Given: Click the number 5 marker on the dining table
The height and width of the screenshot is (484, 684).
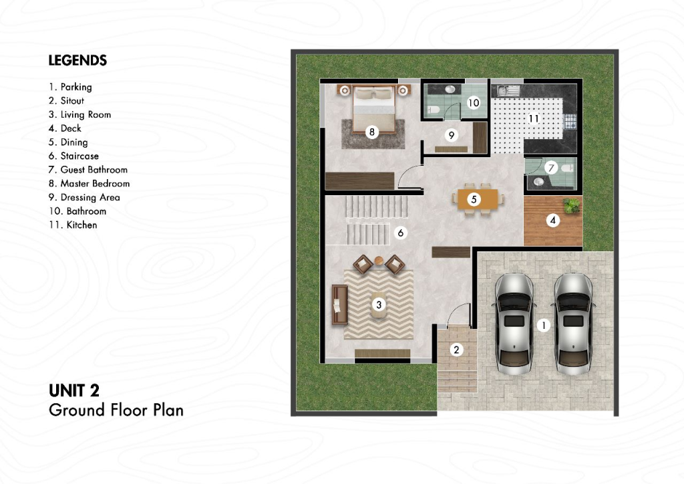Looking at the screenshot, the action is coord(474,199).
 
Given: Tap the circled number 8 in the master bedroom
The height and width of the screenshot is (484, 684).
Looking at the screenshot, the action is coord(371,132).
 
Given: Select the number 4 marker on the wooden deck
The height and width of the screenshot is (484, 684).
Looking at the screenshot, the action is coord(552,221).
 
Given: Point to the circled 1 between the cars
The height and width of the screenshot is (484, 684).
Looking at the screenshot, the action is coord(544,325).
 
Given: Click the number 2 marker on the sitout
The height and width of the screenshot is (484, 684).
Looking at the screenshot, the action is coord(456,350).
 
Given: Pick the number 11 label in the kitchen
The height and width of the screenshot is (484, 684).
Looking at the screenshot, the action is coord(534,118).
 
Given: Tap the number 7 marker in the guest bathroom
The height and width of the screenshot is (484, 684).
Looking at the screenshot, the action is coord(551,168).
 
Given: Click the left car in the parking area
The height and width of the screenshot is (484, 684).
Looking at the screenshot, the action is coord(514,324).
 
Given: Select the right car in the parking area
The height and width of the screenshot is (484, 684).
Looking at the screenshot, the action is coord(573,324).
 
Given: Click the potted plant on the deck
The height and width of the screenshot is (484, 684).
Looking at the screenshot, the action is coord(572,205).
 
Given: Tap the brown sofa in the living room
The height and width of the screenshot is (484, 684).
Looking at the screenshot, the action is coord(340,305).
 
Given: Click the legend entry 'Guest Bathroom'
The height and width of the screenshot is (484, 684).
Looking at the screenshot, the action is coord(88,169).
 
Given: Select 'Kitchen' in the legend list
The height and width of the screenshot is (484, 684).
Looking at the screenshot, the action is coord(73,225).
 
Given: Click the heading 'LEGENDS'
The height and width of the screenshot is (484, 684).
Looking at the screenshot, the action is coord(77,60).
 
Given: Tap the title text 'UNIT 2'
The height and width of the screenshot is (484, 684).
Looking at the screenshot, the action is coord(74,390).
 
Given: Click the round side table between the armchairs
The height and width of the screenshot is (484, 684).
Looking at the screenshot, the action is coord(379,261).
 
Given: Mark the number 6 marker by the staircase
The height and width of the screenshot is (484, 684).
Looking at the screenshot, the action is coord(401,233).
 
